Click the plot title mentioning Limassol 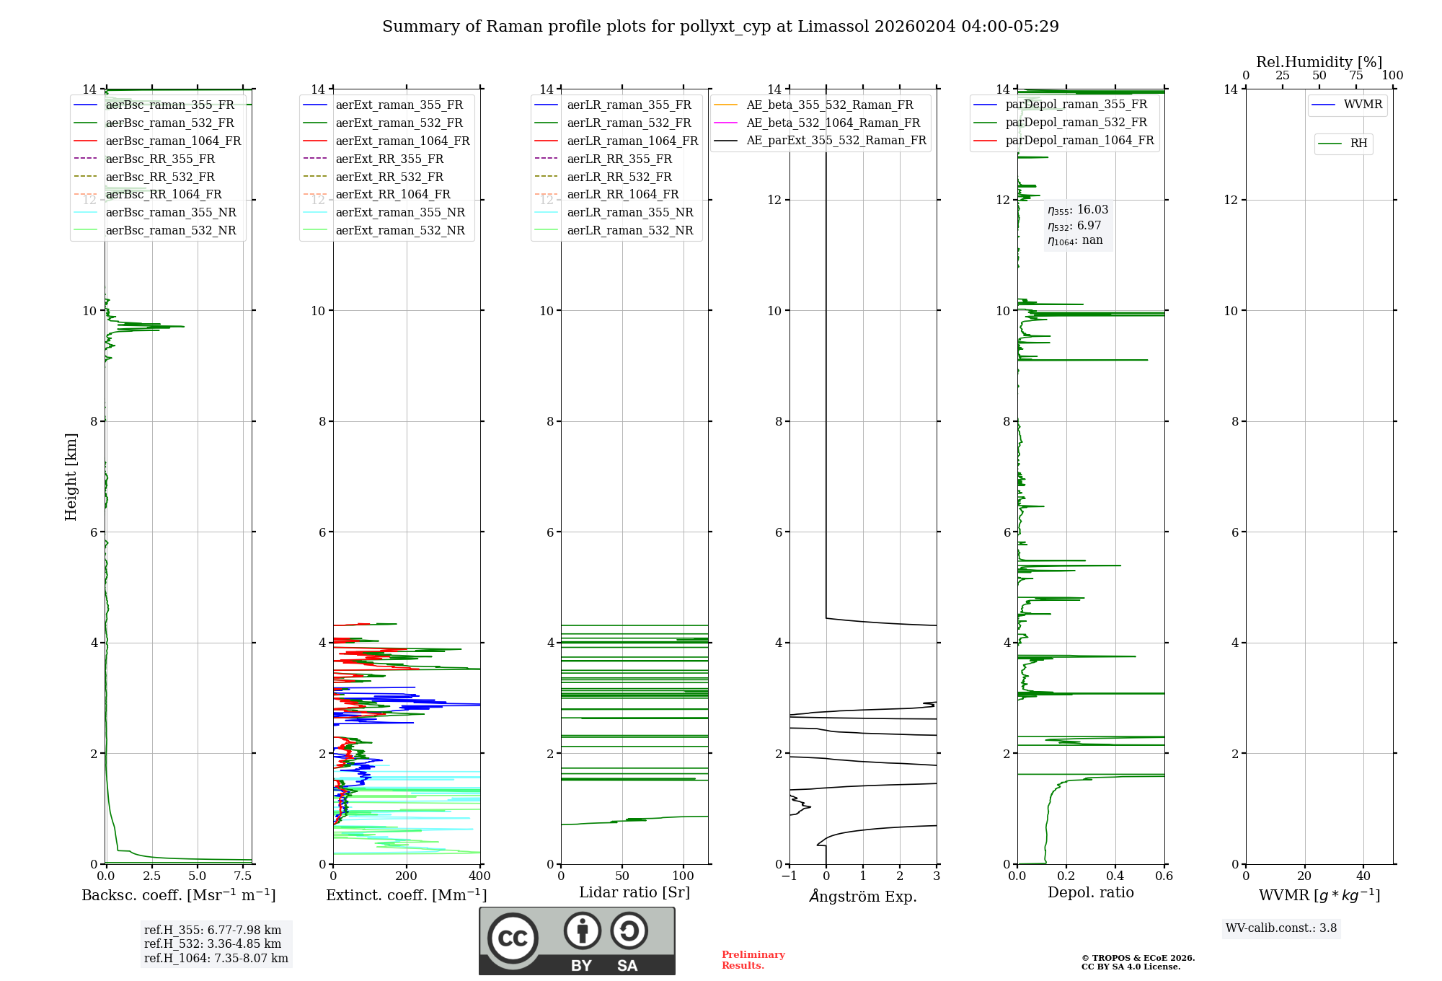coord(720,27)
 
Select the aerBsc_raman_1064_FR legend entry coord(173,141)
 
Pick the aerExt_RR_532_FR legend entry coord(389,177)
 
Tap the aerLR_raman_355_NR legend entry coord(629,212)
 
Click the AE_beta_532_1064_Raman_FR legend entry coord(833,123)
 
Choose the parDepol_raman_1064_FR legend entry coord(1079,140)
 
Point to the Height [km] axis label coord(71,476)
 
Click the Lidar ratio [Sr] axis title coord(634,892)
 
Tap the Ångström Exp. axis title coord(863,896)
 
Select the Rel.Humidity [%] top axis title coord(1319,62)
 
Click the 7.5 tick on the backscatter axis coord(243,876)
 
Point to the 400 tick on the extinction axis coord(480,876)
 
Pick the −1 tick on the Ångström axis coord(789,876)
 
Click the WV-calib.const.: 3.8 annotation coord(1281,928)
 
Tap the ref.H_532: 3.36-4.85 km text coord(213,943)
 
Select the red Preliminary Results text coord(753,959)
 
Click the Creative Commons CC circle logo coord(513,938)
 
